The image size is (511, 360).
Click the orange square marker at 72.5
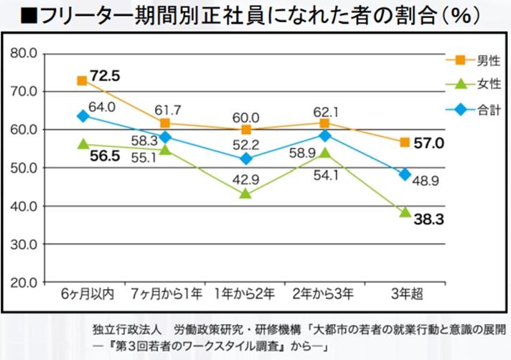[83, 80]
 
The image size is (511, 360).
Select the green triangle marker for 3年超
[405, 212]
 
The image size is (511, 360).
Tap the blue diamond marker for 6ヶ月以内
[83, 115]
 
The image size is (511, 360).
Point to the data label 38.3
[428, 219]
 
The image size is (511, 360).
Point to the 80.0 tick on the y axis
[23, 53]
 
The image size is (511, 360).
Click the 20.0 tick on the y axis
[23, 282]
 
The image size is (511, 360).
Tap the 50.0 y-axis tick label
[23, 168]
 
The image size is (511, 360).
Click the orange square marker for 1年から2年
[246, 130]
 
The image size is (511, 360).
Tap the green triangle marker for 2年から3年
[325, 153]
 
